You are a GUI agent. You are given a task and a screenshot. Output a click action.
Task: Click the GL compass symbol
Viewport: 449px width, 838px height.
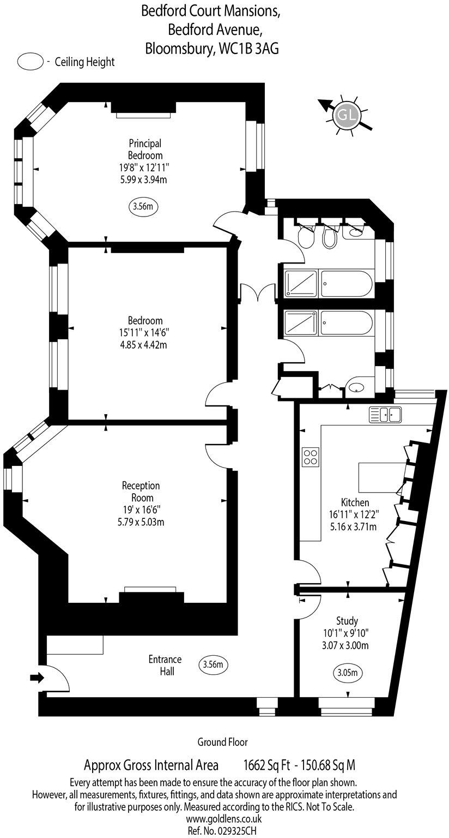(x=347, y=116)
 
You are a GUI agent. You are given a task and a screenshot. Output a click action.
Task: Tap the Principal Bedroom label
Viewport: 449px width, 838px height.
(x=145, y=149)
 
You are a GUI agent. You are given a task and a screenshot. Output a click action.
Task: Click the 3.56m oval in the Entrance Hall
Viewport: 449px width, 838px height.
(x=213, y=665)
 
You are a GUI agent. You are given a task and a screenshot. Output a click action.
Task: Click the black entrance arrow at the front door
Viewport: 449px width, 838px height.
(x=37, y=678)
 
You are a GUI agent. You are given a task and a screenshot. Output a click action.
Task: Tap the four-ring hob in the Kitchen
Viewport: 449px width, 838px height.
(x=310, y=457)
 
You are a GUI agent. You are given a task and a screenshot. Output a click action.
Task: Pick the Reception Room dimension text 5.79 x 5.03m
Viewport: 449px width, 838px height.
(x=141, y=522)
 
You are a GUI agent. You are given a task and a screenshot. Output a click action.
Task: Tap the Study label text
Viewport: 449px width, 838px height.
(x=347, y=621)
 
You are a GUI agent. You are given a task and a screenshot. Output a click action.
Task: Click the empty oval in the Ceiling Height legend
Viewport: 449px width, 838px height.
(x=31, y=62)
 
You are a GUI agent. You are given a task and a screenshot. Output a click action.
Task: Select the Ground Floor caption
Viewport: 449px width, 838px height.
(x=222, y=742)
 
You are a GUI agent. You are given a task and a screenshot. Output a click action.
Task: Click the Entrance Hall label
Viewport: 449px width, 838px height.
(x=165, y=665)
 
